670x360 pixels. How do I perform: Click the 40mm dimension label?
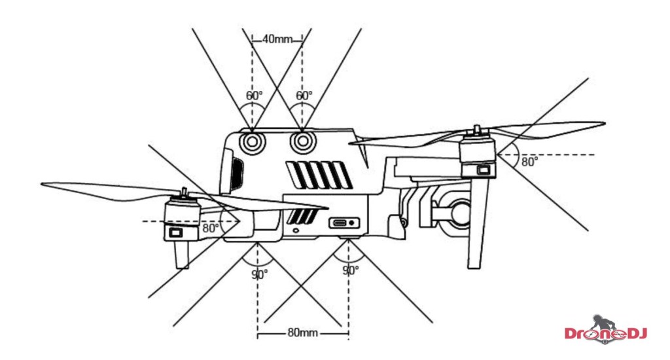point(277,39)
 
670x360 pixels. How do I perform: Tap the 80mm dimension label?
point(302,333)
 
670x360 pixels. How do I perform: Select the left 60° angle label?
point(254,96)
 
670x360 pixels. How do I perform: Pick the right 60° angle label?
point(304,96)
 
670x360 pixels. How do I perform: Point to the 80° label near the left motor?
point(210,228)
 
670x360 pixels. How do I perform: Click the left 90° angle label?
point(259,274)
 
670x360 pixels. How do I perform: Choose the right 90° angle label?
point(351,270)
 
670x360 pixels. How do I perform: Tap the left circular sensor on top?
point(251,141)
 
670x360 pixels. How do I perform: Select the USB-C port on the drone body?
point(344,223)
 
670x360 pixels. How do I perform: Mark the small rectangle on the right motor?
point(484,170)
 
